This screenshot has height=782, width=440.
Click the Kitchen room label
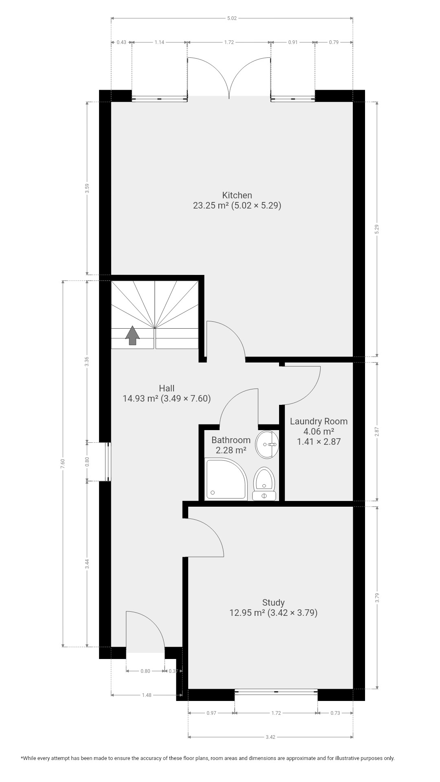(x=237, y=195)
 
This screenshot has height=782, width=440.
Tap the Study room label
(x=273, y=602)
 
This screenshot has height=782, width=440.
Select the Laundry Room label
(x=319, y=422)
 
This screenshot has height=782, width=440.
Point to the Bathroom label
(x=231, y=440)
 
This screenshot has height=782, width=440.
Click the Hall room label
(x=167, y=389)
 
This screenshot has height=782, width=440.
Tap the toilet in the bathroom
(x=264, y=484)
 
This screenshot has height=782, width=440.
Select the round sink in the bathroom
(x=267, y=444)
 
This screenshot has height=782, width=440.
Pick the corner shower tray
(x=226, y=479)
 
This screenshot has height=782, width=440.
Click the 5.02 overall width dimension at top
(x=232, y=18)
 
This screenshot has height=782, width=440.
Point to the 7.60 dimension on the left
(x=63, y=463)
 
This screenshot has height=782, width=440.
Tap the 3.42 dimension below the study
(x=270, y=737)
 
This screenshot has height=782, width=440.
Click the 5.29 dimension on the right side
(x=377, y=229)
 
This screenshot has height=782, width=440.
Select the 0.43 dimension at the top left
(x=121, y=42)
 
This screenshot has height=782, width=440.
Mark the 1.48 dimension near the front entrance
(x=146, y=695)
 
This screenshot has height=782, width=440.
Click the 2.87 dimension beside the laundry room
(x=377, y=431)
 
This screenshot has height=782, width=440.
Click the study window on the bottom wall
(x=276, y=691)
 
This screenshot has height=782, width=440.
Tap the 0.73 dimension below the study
(x=335, y=713)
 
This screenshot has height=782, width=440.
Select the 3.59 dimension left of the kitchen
(x=87, y=188)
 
